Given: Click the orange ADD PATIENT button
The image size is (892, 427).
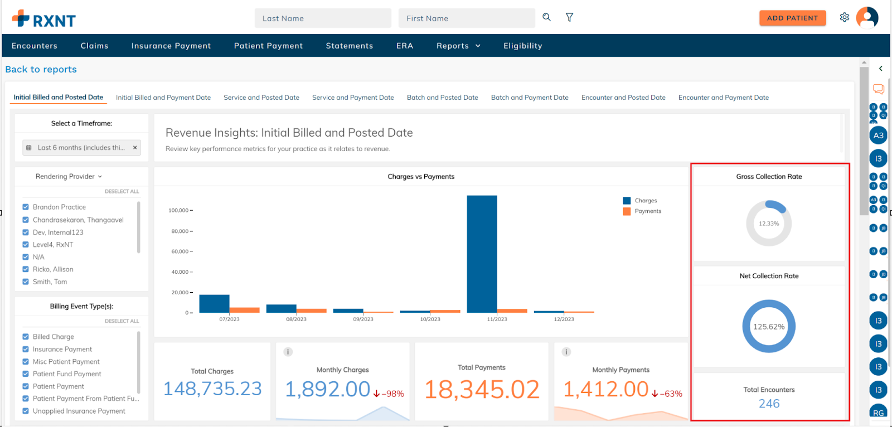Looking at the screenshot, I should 792,18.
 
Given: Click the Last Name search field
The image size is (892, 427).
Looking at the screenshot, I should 323,18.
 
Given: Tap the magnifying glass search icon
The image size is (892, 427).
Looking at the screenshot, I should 546,17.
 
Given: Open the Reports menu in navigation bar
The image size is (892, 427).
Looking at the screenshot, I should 458,46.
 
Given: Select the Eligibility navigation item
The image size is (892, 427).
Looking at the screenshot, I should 522,46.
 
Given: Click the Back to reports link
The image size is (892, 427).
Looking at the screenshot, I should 41,69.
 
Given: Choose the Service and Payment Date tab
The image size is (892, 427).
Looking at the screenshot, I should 353,98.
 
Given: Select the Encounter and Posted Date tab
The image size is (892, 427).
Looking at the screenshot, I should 623,98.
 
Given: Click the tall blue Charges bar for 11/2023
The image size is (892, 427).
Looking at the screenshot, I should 482,254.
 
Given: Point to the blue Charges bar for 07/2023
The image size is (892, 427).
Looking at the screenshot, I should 214,304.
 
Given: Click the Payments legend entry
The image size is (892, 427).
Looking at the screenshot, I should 647,211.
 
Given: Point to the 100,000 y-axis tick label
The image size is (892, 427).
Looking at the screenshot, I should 178,210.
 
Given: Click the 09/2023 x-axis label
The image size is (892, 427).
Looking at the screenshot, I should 363,319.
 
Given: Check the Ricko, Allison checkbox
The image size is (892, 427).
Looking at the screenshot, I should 26,269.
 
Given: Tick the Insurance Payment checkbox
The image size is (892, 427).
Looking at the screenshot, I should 26,349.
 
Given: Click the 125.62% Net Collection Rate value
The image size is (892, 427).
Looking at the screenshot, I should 769,327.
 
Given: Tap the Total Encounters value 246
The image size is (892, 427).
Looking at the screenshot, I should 769,404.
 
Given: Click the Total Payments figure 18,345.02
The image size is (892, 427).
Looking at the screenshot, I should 482,389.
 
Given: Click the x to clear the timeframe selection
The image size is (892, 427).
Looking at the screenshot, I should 135,148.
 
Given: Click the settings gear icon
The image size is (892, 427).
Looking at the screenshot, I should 845,17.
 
